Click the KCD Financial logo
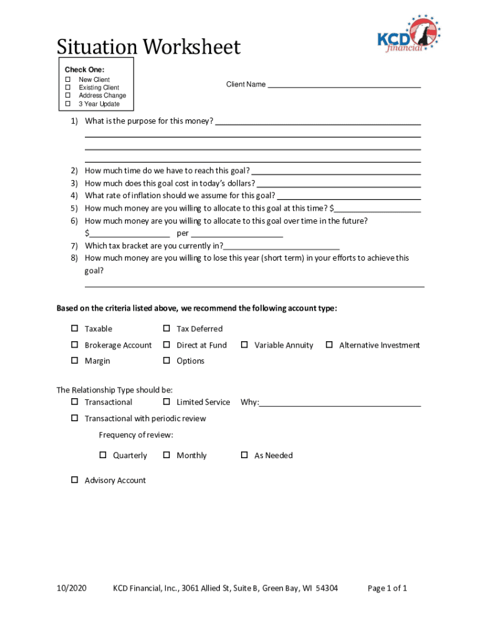[x=409, y=35]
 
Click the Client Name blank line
[x=344, y=85]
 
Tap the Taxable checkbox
[x=74, y=329]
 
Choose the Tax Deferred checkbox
[x=167, y=329]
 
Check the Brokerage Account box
[x=74, y=345]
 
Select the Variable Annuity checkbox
[x=245, y=345]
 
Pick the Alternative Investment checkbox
[x=329, y=345]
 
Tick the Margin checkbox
[x=74, y=361]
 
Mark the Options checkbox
[x=167, y=361]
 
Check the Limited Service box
[x=167, y=402]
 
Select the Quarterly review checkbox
[x=103, y=455]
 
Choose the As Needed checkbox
[x=245, y=455]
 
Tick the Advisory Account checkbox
[x=74, y=480]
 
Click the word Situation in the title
[x=97, y=47]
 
